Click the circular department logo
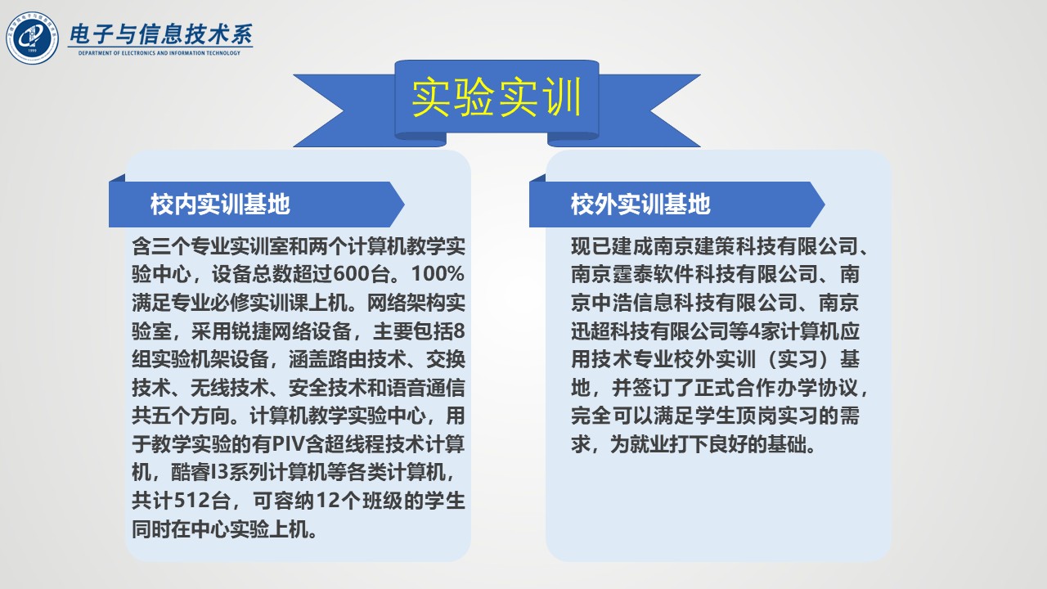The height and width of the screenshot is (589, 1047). (32, 38)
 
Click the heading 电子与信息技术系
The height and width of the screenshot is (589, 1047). (161, 34)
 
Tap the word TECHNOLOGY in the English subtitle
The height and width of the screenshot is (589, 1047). (223, 53)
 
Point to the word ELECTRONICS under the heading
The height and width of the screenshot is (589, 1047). (138, 53)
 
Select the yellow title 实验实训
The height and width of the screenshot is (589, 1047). (497, 97)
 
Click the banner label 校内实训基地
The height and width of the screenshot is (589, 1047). (220, 205)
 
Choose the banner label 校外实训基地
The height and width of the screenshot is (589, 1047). (640, 205)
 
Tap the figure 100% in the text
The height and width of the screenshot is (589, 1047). (438, 273)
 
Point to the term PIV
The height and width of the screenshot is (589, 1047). (288, 443)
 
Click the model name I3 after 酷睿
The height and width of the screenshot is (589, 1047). (220, 472)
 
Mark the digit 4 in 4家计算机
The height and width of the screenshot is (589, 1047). (754, 331)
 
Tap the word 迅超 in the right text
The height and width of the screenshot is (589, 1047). (591, 331)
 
